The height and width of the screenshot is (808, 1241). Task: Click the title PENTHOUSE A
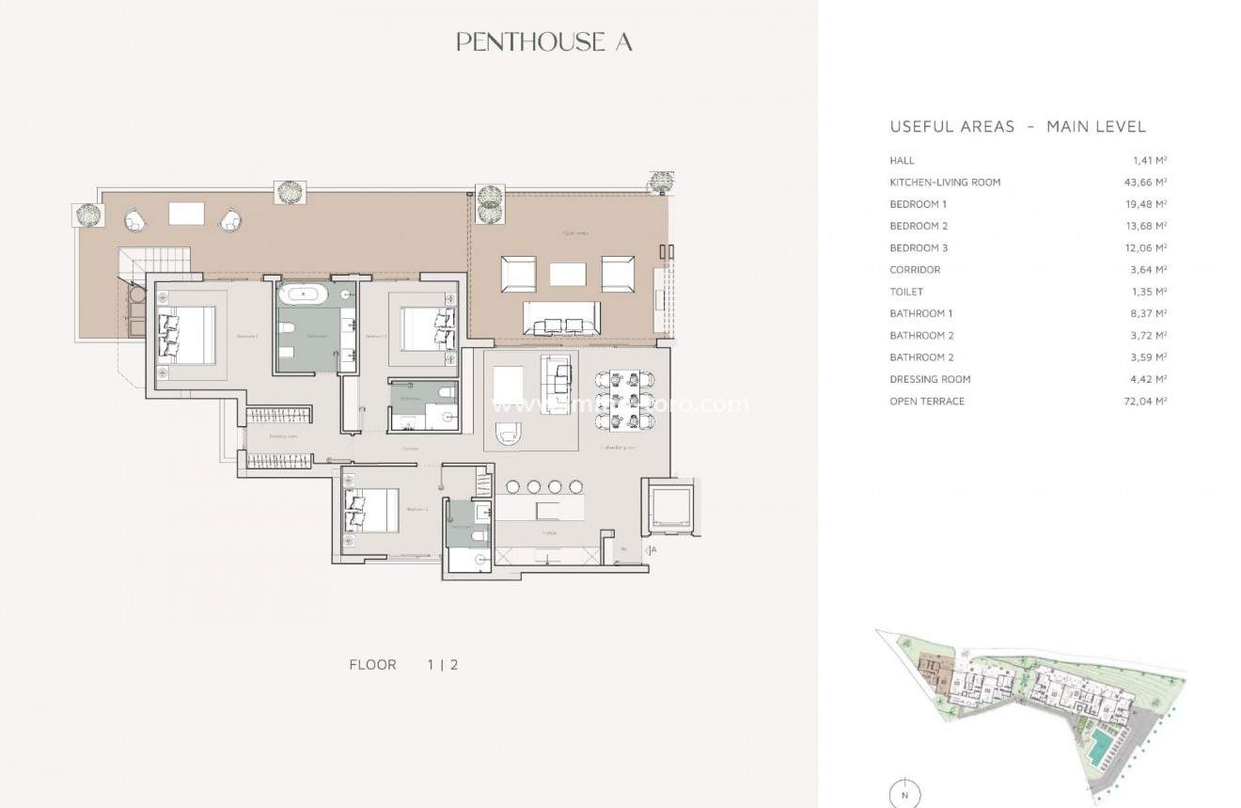(543, 41)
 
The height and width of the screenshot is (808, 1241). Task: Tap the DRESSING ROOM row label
(930, 379)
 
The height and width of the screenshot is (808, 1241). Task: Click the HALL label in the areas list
(902, 161)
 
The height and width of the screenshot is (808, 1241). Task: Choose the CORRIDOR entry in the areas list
(915, 270)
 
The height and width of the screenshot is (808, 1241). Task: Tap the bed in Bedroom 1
(183, 335)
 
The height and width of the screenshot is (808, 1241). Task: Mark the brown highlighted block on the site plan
(935, 671)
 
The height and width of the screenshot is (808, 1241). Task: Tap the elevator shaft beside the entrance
(669, 509)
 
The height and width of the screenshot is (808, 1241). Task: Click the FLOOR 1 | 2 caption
(403, 664)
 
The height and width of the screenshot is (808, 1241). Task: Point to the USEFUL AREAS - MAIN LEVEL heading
(1017, 127)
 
